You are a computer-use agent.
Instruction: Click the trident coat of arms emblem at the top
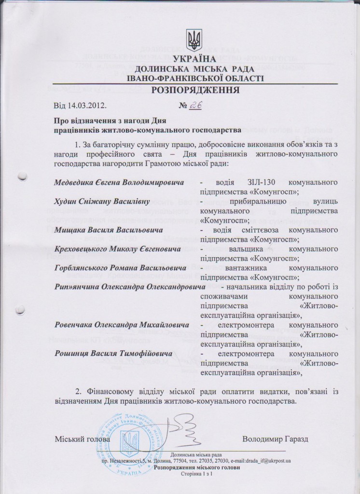(194, 38)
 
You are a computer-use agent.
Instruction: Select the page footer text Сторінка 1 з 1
(195, 474)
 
